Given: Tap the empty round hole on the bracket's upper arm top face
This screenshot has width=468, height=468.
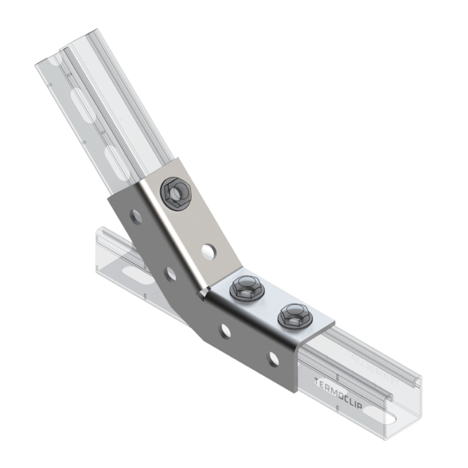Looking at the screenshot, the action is [208, 251].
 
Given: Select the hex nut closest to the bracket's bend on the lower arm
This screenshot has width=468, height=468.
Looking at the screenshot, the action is [246, 288].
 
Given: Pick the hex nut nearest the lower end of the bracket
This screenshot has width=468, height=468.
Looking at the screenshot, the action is [295, 315].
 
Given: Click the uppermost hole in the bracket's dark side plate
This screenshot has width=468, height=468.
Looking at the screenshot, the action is [136, 217].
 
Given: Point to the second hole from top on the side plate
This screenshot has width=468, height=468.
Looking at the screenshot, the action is [171, 274].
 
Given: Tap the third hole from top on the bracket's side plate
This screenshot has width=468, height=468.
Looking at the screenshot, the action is [226, 331].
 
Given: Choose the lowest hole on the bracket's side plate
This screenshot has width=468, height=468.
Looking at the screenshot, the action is [274, 358].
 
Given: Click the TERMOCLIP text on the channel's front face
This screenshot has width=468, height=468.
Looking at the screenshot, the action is [339, 394].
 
